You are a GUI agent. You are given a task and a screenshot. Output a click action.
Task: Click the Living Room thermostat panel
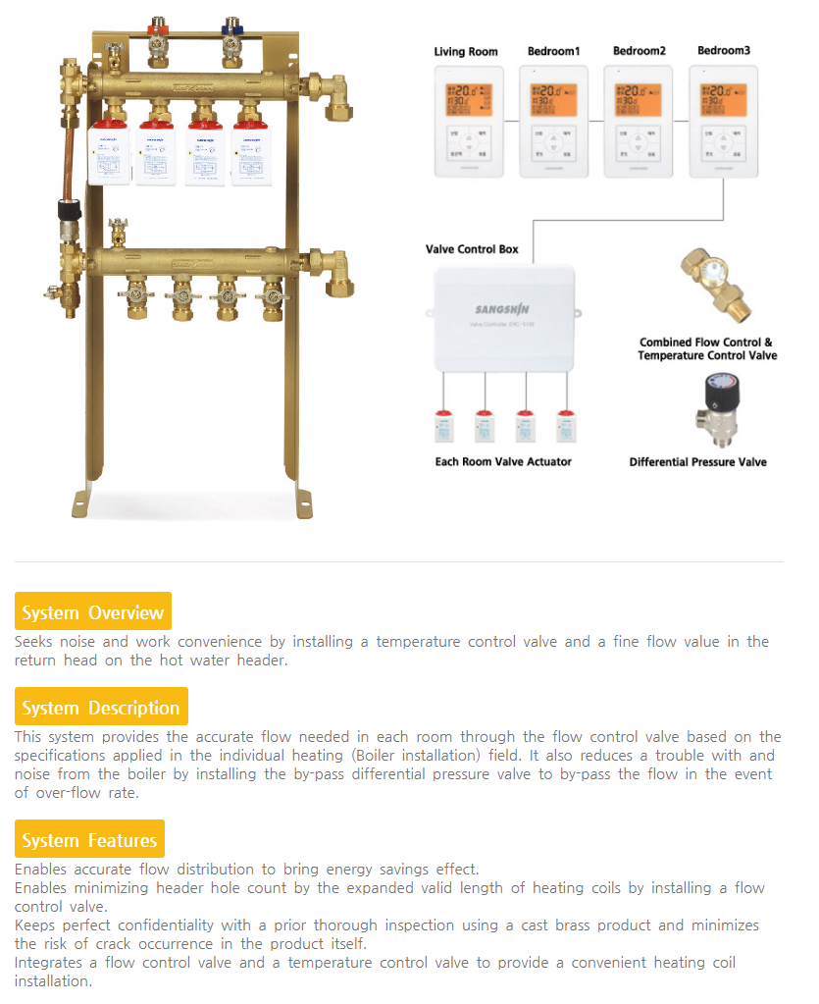coord(469,122)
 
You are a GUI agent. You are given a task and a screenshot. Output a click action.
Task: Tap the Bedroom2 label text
coord(640,51)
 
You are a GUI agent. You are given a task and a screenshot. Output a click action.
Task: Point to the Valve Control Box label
coord(472,249)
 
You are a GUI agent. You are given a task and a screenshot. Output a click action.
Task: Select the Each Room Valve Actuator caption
coord(503,461)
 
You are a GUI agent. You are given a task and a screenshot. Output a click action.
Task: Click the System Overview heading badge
coord(93,612)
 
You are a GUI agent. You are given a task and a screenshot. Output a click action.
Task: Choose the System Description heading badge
coord(101,708)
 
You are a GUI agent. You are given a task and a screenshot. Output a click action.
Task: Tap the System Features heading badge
coord(89,840)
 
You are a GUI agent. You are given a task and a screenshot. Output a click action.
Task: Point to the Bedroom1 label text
coord(554,51)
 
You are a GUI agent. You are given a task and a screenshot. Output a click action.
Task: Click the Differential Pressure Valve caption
coord(697,461)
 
